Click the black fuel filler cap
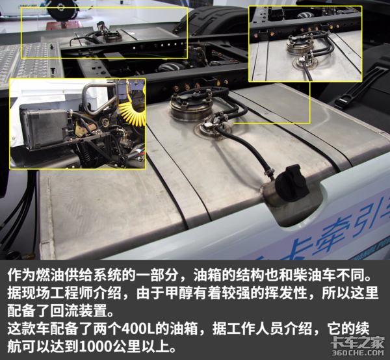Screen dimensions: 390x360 pos(292,182)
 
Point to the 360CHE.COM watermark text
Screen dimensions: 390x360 pos(357,352)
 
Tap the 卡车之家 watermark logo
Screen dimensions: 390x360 pos(357,342)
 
